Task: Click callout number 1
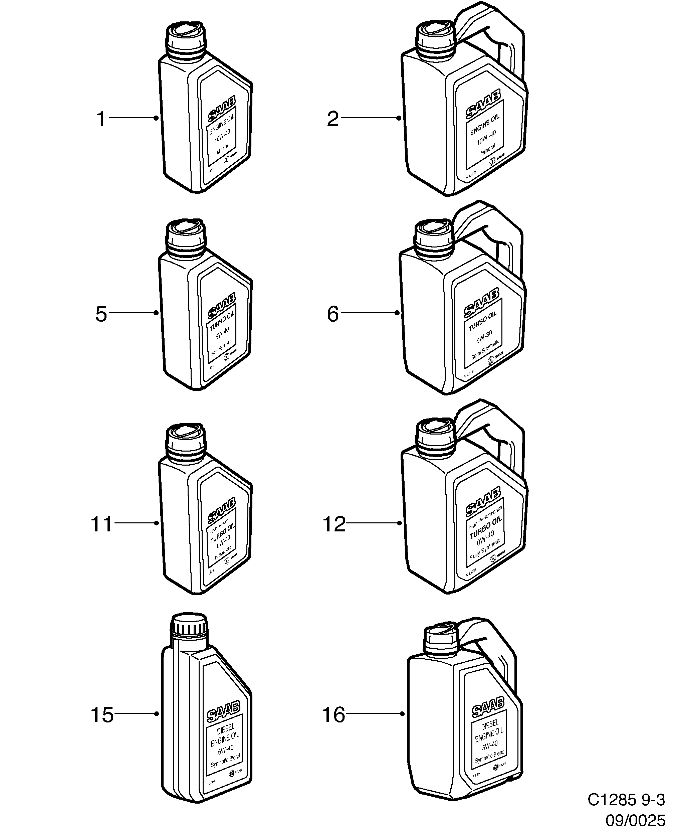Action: coord(101,119)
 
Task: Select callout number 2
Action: coord(332,119)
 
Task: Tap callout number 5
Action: coord(101,314)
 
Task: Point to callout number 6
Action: coord(332,314)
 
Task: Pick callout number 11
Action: coord(101,524)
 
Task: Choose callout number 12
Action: coord(334,524)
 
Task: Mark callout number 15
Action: coord(102,714)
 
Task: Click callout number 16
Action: coord(333,714)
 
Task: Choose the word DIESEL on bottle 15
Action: coord(225,729)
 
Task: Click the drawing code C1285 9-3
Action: coord(626,800)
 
